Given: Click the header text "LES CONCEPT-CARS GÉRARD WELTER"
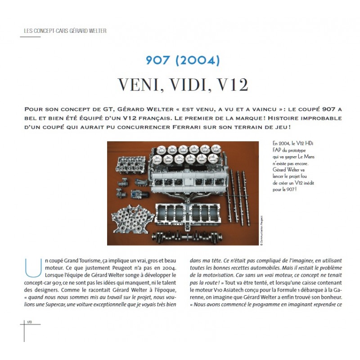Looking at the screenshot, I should click(x=65, y=31).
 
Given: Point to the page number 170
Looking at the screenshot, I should click(x=30, y=322).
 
